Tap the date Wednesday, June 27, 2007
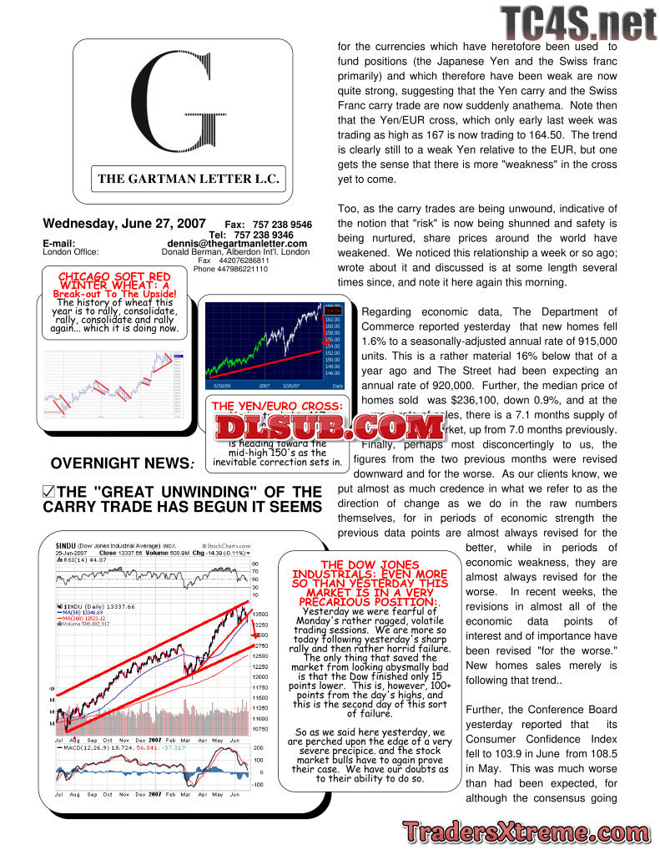[x=124, y=224]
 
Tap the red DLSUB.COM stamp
[x=330, y=427]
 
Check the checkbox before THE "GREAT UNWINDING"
[x=48, y=493]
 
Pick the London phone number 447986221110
[x=230, y=270]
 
